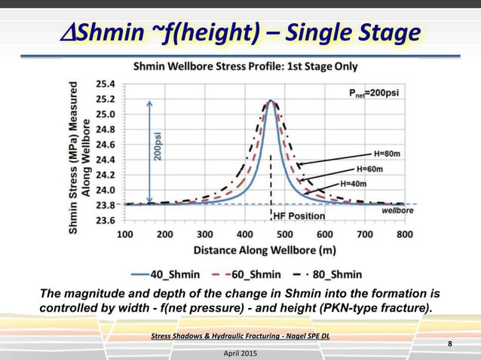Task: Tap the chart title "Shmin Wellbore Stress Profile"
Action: [245, 66]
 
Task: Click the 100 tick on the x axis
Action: [125, 234]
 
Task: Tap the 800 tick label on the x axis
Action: [404, 234]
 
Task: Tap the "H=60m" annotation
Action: [369, 169]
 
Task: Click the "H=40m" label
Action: [353, 183]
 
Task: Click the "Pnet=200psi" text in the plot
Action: [372, 93]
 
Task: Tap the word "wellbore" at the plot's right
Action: [397, 211]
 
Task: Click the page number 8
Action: [451, 344]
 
